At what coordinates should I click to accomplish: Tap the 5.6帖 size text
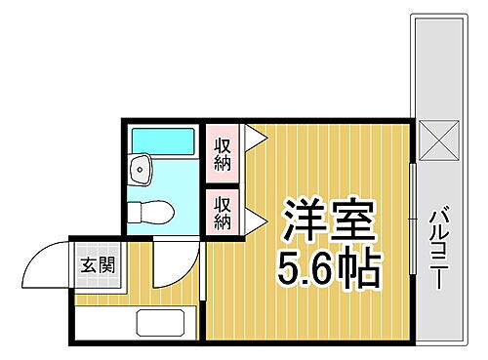coord(330,267)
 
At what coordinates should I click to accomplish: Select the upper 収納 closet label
coord(222,154)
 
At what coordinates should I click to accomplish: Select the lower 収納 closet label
coord(223,212)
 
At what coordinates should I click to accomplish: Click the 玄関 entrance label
coord(98,263)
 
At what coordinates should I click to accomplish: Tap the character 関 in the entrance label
coord(105,263)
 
